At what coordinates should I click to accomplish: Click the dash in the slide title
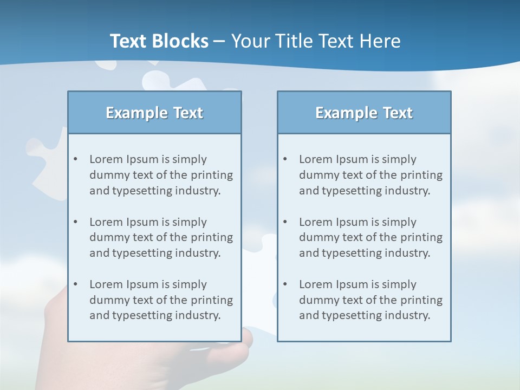(219, 42)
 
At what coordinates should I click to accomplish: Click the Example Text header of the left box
(154, 113)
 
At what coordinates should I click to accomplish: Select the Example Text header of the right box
(364, 113)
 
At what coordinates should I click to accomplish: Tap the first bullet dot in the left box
(75, 159)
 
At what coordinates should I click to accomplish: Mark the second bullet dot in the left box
(75, 222)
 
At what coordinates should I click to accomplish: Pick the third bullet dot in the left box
(75, 284)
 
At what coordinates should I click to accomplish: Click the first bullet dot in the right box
(285, 159)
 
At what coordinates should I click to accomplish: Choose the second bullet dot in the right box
(285, 222)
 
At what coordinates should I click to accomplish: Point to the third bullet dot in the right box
(285, 284)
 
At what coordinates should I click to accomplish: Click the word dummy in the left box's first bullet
(107, 175)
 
